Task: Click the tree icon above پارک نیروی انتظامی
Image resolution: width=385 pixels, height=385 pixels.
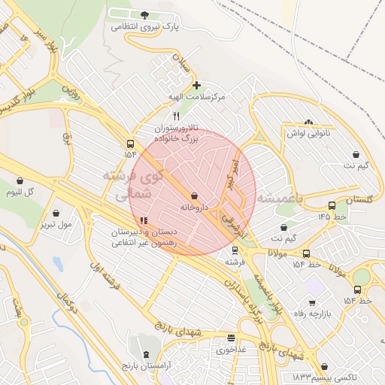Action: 145,15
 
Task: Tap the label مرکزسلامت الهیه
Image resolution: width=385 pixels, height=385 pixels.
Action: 199,98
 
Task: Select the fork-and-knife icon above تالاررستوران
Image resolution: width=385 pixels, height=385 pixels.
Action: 176,116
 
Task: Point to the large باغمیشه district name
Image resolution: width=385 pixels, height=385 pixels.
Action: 279,199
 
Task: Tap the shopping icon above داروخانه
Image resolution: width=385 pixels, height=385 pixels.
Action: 195,196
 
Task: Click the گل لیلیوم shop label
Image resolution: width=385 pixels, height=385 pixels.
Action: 20,192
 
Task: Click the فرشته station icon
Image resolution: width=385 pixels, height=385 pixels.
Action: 235,250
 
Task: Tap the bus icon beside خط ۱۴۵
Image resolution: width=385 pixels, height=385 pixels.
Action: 332,205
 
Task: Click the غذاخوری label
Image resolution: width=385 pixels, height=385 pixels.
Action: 232,350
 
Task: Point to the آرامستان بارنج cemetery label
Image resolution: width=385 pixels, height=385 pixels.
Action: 146,365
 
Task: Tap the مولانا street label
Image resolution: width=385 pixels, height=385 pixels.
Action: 280,253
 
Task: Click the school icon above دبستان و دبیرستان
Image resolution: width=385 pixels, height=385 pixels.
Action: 143,220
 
